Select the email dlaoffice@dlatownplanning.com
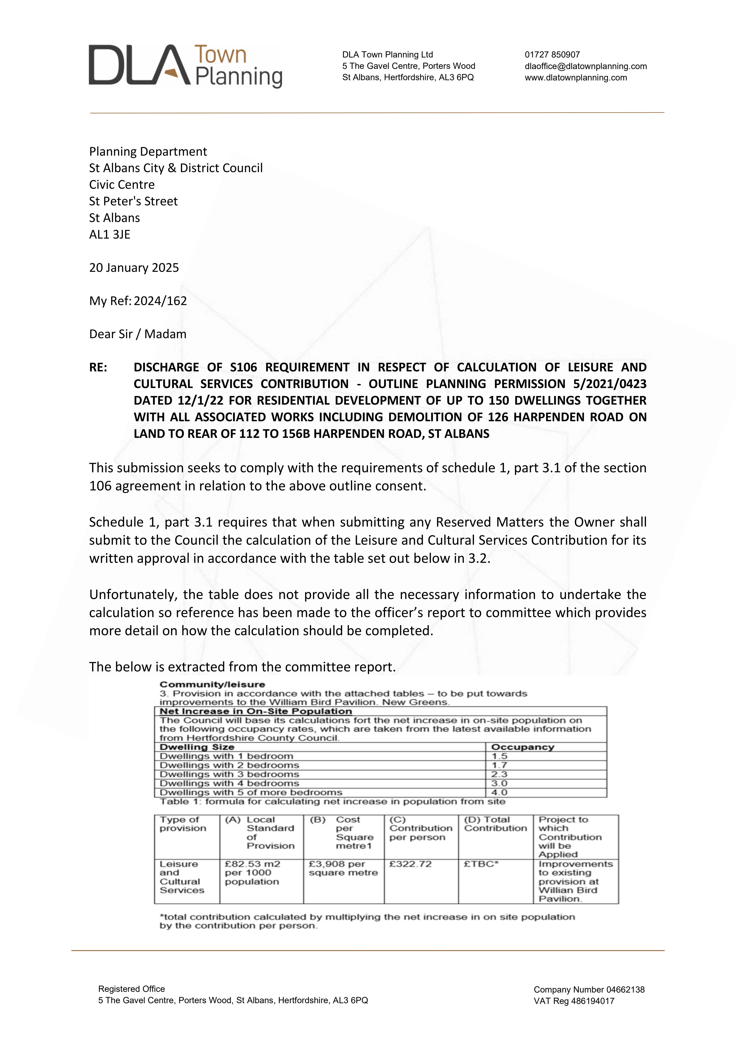585,66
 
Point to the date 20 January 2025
134,268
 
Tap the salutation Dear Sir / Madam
137,334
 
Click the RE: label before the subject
98,367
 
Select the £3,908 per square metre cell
343,868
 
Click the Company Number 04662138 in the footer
589,990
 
